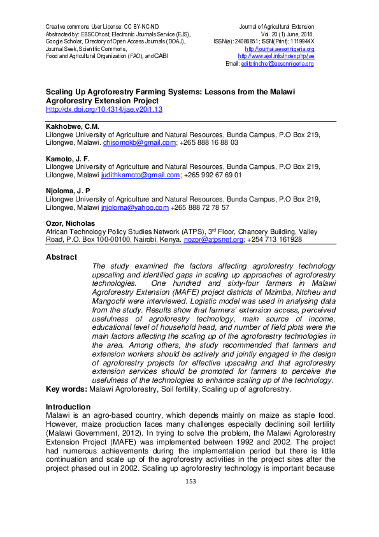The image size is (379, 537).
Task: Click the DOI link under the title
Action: pos(104,110)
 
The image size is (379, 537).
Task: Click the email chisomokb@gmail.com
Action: pos(138,143)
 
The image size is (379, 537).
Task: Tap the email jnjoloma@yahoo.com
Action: pos(134,207)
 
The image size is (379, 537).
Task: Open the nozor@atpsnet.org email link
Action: pos(213,240)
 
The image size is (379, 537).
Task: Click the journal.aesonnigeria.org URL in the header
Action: pos(280,49)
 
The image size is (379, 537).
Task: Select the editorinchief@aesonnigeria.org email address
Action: pos(277,64)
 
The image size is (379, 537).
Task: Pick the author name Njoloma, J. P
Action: pos(68,191)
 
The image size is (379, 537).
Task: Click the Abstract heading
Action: pos(61,257)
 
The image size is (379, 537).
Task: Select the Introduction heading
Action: pos(68,406)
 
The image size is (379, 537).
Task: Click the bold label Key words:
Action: pos(66,389)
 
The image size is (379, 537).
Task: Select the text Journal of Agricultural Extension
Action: pos(276,26)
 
